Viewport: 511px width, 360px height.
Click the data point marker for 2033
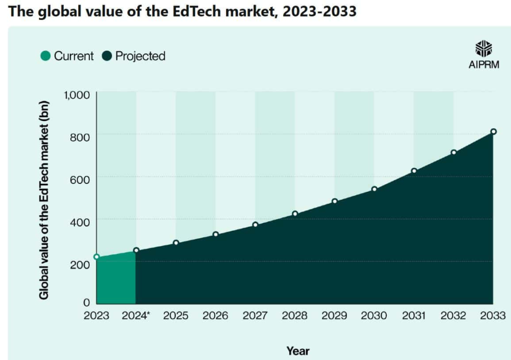coord(493,132)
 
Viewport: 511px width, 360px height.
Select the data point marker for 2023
coord(96,257)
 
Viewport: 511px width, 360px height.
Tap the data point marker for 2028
coord(295,214)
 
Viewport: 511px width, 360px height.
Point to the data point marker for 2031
coord(414,171)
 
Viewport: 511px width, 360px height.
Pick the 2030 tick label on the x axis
coord(374,316)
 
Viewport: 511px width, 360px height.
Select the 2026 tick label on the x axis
coord(216,316)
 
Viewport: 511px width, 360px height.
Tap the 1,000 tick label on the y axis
coord(76,95)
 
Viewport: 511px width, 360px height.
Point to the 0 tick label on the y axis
coord(86,302)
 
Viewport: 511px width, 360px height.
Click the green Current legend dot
coord(45,56)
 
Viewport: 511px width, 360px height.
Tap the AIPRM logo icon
coord(483,49)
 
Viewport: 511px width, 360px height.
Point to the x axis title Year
coord(297,351)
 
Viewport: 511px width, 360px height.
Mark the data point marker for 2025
coord(176,243)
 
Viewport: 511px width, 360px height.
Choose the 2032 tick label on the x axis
coord(453,316)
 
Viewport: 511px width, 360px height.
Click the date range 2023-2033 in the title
coord(319,11)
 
